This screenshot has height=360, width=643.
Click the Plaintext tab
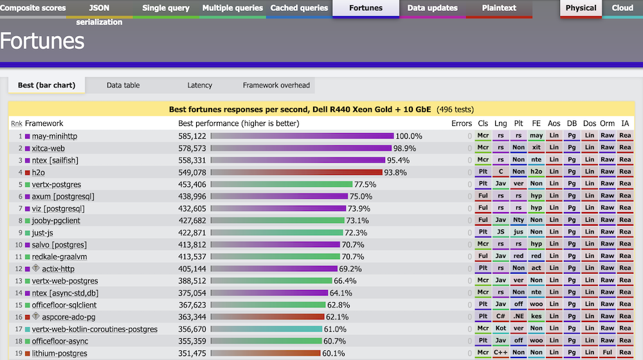(x=499, y=8)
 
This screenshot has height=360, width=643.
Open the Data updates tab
(x=432, y=8)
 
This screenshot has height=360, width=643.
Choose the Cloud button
(x=622, y=8)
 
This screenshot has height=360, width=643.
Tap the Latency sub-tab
(x=199, y=85)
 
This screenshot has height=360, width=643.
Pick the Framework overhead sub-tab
(x=276, y=85)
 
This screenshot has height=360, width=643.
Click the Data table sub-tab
(x=123, y=85)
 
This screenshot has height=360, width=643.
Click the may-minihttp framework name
(x=58, y=136)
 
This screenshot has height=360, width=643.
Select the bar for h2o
(x=296, y=172)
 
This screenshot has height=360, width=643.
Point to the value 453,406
(x=192, y=184)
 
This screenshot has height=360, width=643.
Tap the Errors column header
(x=461, y=123)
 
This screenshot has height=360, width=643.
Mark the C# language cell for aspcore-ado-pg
(x=501, y=317)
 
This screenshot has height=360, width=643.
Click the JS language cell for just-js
(x=501, y=233)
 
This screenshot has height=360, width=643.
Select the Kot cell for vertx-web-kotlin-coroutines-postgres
(x=501, y=329)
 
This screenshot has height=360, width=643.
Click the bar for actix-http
(x=273, y=269)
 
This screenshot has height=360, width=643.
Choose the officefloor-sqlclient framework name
(x=64, y=305)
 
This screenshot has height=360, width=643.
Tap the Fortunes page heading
(x=42, y=41)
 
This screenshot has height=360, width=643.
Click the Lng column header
(x=501, y=123)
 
